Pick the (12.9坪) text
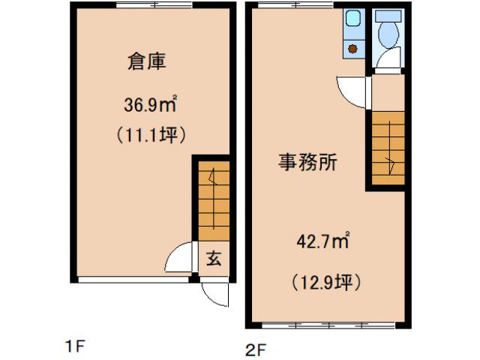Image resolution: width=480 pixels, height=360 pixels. pos(327,283)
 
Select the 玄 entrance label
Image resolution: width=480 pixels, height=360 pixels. pos(214,259)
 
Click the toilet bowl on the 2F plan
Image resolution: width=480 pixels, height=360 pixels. pos(388,34)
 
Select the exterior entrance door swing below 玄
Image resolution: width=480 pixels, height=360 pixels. pos(214,293)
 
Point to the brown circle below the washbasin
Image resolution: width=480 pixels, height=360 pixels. pos(352,49)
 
